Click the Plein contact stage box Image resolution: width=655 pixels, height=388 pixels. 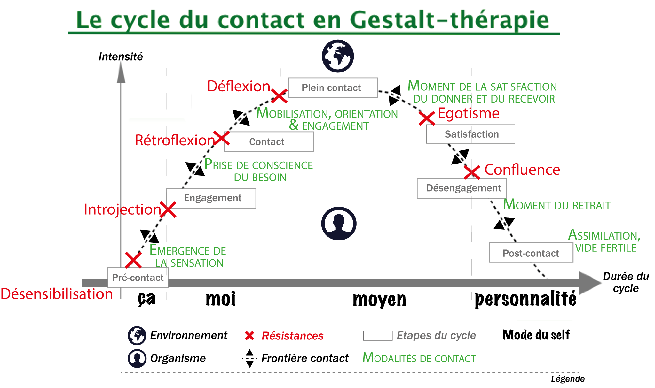[333, 88]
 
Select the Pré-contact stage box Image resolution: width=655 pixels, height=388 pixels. [138, 278]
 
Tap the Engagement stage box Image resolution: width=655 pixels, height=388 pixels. [211, 198]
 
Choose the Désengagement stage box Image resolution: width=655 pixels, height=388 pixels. [462, 188]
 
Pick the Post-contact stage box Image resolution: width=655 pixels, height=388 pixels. [531, 253]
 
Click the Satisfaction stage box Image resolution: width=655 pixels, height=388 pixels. [470, 134]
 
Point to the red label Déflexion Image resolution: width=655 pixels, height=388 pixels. [239, 86]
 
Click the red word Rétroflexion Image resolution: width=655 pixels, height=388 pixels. [175, 141]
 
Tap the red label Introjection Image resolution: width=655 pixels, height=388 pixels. [122, 209]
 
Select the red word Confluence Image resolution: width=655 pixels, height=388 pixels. [522, 170]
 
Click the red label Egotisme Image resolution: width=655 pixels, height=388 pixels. [469, 113]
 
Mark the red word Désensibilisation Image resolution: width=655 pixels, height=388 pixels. [57, 294]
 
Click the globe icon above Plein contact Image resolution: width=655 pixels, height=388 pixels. [338, 56]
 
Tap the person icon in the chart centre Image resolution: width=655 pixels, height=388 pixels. [339, 223]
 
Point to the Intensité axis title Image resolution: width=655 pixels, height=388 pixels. [121, 57]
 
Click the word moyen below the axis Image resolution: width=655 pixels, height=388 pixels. [379, 300]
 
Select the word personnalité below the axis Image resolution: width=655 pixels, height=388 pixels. [525, 300]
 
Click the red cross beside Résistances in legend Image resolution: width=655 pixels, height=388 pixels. [249, 336]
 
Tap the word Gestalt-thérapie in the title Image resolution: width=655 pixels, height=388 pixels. [449, 20]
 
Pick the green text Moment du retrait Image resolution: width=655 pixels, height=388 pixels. [557, 205]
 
